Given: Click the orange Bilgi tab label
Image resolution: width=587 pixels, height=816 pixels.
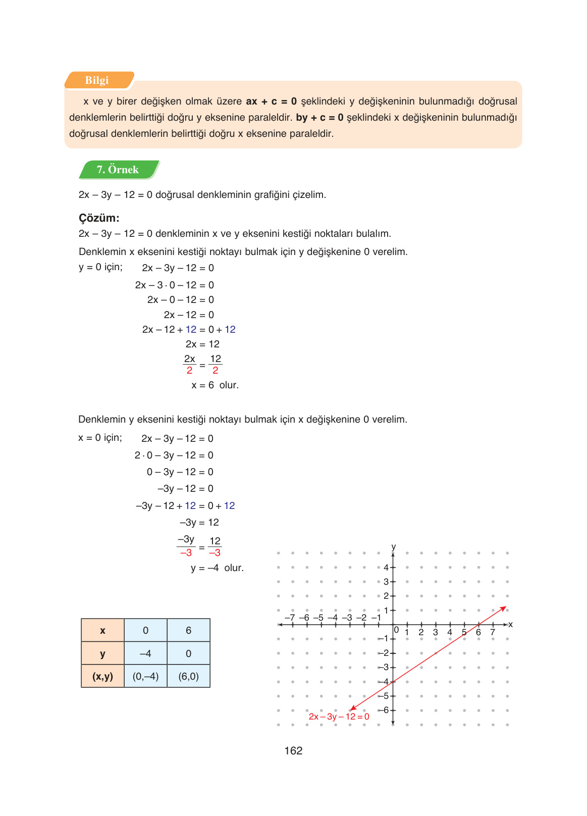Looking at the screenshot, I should [x=97, y=80].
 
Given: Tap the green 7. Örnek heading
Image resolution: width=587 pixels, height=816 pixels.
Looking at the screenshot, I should [x=118, y=170].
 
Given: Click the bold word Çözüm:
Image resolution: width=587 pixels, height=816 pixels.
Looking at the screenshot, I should [x=99, y=218].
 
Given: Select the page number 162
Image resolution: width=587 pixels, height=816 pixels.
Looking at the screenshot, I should [x=293, y=751].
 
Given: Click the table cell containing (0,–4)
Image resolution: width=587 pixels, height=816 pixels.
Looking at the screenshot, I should [x=146, y=676].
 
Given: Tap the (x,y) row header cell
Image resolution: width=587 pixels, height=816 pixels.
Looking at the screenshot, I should [x=102, y=676].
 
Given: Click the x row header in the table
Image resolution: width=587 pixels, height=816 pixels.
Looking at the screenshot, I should [x=102, y=630].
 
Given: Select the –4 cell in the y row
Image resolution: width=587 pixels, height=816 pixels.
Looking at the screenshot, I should [x=145, y=653].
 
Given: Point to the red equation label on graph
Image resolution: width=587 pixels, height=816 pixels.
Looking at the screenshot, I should [x=339, y=717].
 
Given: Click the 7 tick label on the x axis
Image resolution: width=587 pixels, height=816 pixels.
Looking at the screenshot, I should [x=493, y=632].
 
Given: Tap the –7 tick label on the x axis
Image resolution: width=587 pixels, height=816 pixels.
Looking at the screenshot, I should [x=290, y=618].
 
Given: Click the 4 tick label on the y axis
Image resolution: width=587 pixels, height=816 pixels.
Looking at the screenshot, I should [x=386, y=568].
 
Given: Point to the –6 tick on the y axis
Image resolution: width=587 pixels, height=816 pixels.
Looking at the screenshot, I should [x=386, y=710].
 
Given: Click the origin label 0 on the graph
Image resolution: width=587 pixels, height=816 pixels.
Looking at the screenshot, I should [x=397, y=630].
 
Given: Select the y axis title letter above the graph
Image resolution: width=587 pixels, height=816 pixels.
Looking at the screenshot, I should [x=394, y=547].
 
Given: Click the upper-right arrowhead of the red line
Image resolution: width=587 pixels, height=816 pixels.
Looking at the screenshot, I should [x=504, y=608].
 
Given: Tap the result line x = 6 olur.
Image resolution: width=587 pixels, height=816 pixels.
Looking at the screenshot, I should [x=215, y=385].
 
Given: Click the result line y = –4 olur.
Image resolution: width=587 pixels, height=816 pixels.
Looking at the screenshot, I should [x=217, y=568].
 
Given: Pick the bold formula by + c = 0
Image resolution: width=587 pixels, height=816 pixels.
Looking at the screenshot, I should [x=319, y=118].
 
